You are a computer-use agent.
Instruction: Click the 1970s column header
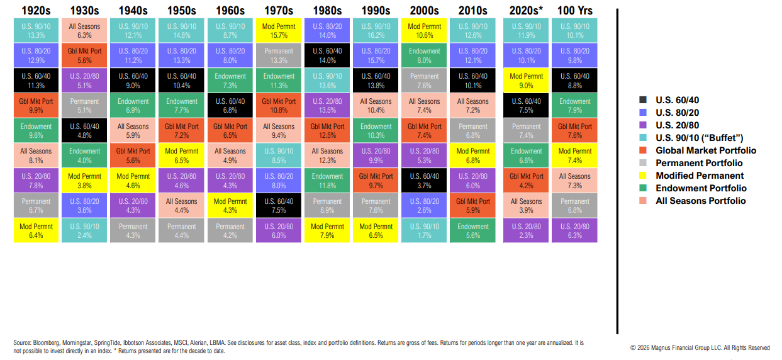point(279,10)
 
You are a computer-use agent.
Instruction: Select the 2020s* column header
point(526,10)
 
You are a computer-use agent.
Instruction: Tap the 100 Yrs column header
point(574,10)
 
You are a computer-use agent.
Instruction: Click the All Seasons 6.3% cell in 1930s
point(85,31)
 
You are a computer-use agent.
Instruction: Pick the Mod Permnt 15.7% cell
point(279,31)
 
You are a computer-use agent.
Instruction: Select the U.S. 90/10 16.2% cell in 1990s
point(376,31)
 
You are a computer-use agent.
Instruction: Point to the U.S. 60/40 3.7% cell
point(424,181)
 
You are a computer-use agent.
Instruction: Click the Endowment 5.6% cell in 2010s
point(472,231)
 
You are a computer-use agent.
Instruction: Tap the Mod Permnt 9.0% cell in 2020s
point(526,81)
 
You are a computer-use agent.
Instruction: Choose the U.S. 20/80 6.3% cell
point(574,231)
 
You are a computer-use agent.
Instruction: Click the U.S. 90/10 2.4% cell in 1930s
point(85,231)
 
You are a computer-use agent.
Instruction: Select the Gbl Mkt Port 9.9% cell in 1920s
point(36,106)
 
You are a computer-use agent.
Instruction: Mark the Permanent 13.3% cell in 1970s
point(279,55)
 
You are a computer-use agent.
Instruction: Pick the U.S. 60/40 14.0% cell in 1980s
point(327,55)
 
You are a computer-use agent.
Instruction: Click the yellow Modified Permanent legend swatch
point(642,176)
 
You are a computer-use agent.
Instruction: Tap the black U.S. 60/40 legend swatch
point(642,99)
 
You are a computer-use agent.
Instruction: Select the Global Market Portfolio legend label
point(706,150)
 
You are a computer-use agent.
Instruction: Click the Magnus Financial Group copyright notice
point(700,347)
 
